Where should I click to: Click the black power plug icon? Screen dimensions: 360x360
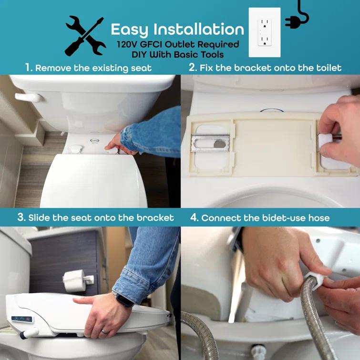pyautogui.click(x=294, y=18)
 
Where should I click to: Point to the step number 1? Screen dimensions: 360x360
pyautogui.click(x=29, y=68)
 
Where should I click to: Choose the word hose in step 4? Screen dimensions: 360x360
pyautogui.click(x=318, y=218)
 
